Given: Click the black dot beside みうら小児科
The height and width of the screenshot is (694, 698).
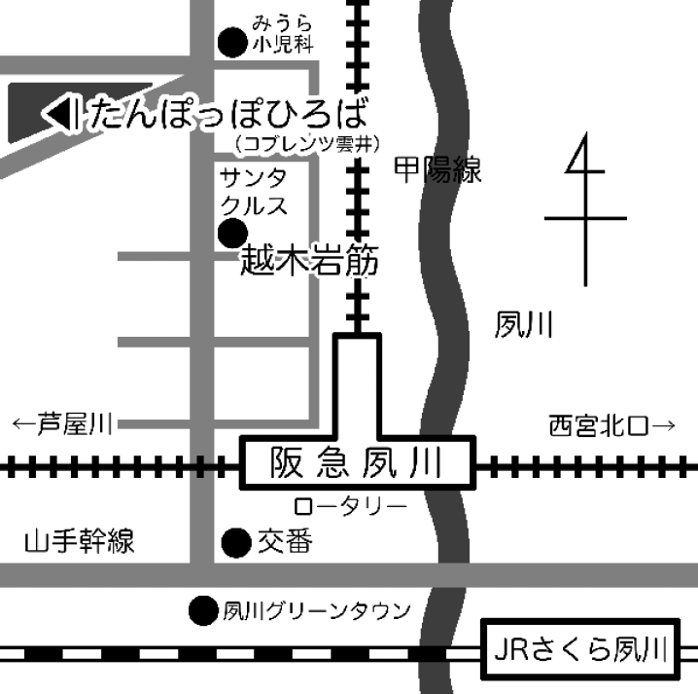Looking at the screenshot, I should pos(231,42).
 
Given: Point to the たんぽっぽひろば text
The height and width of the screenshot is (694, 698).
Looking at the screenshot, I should pos(228,115).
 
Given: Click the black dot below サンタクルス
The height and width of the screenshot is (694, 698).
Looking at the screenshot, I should pos(231,233).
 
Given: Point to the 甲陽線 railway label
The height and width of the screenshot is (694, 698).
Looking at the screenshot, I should pos(437,172).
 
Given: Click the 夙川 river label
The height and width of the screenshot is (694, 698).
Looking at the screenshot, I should pos(524,325).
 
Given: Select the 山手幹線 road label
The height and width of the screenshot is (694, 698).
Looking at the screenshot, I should pos(80,542).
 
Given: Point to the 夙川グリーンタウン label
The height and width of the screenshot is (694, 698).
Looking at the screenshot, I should pos(317,611).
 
